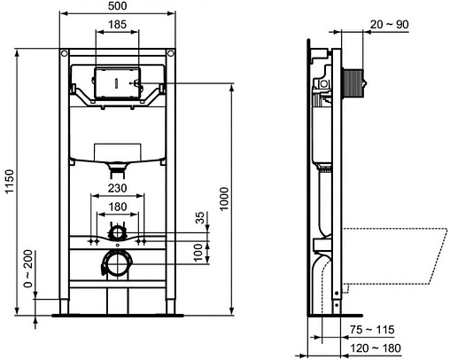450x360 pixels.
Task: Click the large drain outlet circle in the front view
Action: (115, 262)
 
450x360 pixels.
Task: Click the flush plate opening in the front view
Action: (117, 82)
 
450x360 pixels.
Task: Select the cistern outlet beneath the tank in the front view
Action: (117, 166)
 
